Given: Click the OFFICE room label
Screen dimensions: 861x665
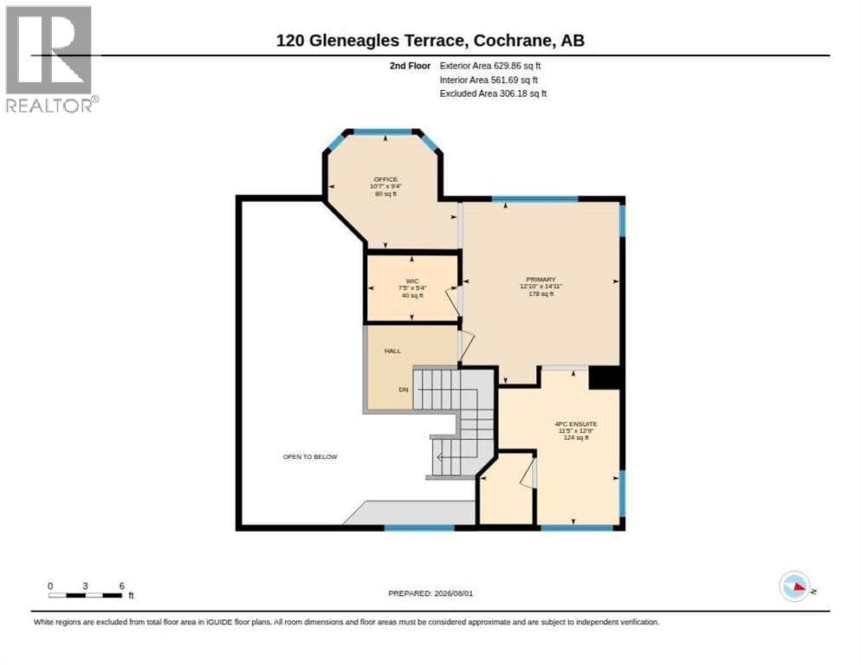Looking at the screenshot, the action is [x=385, y=179].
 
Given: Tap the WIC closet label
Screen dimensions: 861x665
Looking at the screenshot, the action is [x=412, y=281].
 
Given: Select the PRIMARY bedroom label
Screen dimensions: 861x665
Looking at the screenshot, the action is [x=541, y=280].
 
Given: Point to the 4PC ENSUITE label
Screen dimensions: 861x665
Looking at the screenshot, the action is [x=576, y=424].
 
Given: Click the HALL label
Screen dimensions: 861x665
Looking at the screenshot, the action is [x=392, y=351].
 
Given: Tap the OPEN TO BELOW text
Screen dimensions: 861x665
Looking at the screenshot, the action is [x=310, y=457].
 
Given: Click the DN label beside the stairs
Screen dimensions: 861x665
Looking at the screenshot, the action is [x=404, y=390].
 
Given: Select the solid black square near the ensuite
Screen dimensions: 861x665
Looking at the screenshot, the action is [x=605, y=378].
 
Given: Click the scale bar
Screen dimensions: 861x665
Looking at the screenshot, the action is [x=85, y=595].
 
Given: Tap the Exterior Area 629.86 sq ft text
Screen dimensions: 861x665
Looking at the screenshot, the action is [x=489, y=66].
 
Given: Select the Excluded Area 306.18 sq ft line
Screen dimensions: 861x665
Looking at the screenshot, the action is [x=493, y=94].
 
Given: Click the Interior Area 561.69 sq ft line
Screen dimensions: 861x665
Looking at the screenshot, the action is [x=489, y=81].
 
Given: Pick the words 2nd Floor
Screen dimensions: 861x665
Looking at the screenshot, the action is [x=411, y=66].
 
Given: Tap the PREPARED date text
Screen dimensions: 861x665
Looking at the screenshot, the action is [x=430, y=594].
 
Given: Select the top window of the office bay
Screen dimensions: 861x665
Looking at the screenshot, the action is [x=383, y=132].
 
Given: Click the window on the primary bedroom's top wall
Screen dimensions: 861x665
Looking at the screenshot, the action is [x=534, y=199].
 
